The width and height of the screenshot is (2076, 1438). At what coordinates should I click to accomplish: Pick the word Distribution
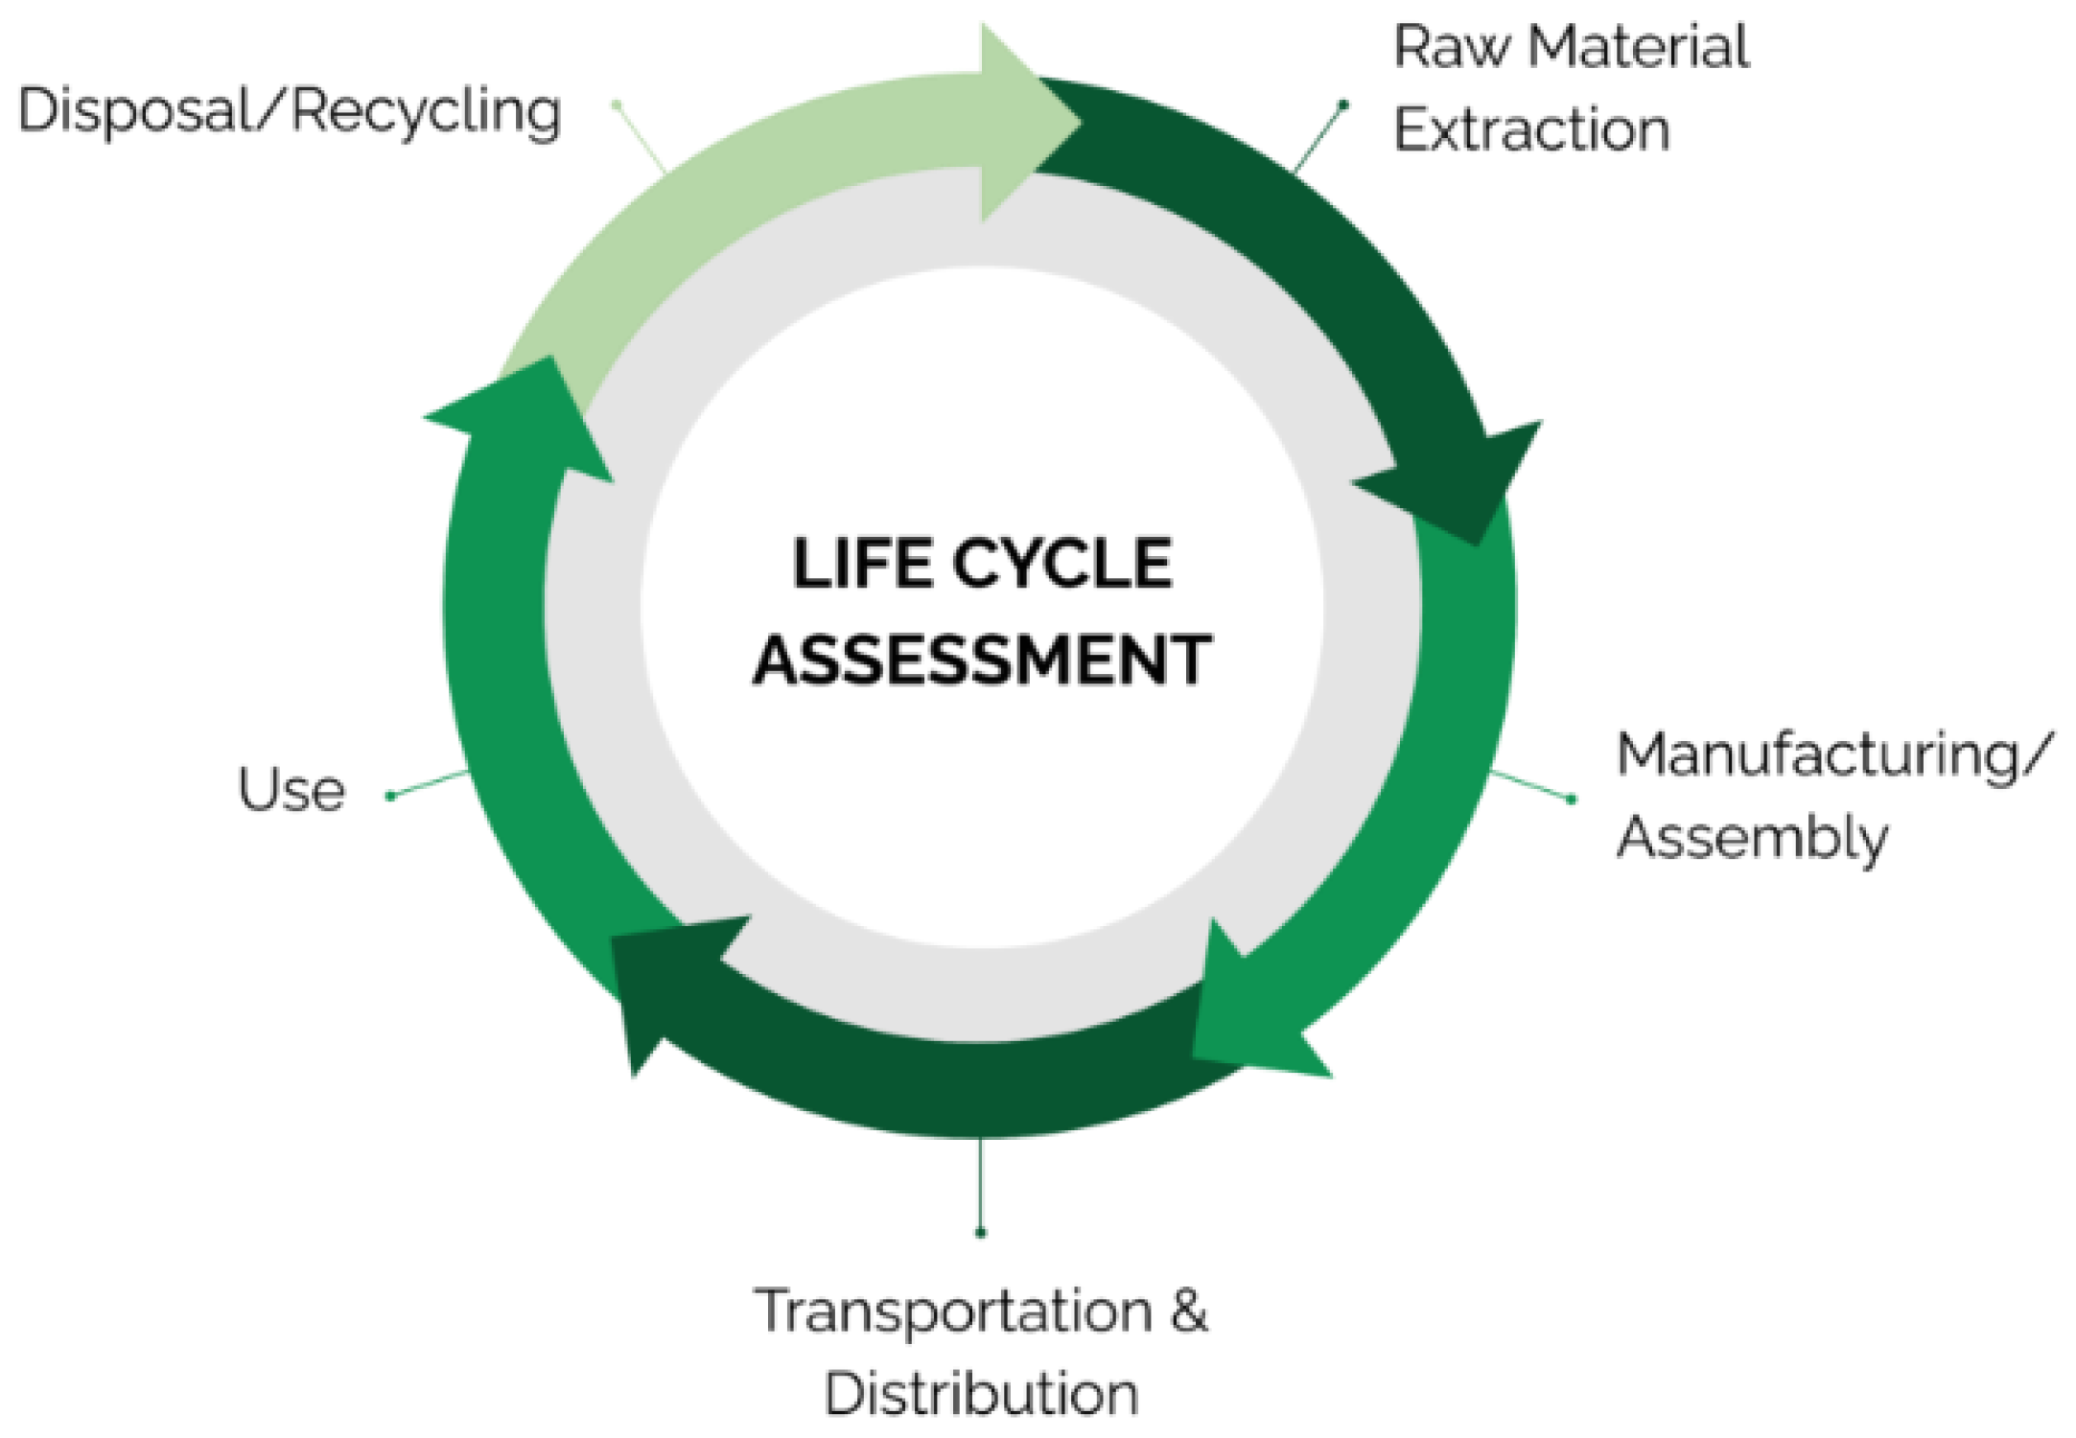click(x=981, y=1393)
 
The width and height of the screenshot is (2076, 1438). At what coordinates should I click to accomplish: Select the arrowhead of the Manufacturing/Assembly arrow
click(x=1247, y=1011)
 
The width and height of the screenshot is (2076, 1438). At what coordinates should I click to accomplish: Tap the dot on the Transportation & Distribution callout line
click(x=980, y=1232)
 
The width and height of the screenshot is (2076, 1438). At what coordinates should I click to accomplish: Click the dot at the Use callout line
click(x=390, y=796)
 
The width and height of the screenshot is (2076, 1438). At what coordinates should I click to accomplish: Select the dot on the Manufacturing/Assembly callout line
click(x=1571, y=799)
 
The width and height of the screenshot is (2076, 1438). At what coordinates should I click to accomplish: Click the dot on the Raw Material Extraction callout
click(x=1343, y=104)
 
